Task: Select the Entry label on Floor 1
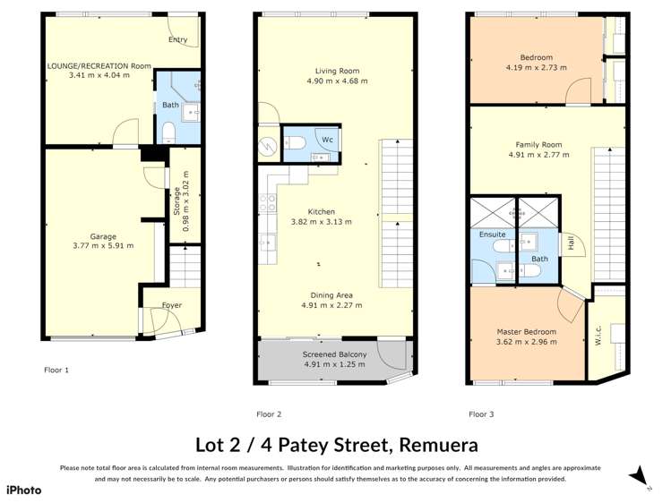[178, 39]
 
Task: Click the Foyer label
[171, 305]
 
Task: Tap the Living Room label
[337, 71]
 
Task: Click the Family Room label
[538, 145]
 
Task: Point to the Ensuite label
[492, 234]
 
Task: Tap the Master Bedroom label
[526, 332]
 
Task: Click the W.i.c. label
[598, 338]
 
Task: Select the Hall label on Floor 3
[568, 243]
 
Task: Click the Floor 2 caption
[269, 414]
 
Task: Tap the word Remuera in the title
[435, 445]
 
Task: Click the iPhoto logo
[24, 490]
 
